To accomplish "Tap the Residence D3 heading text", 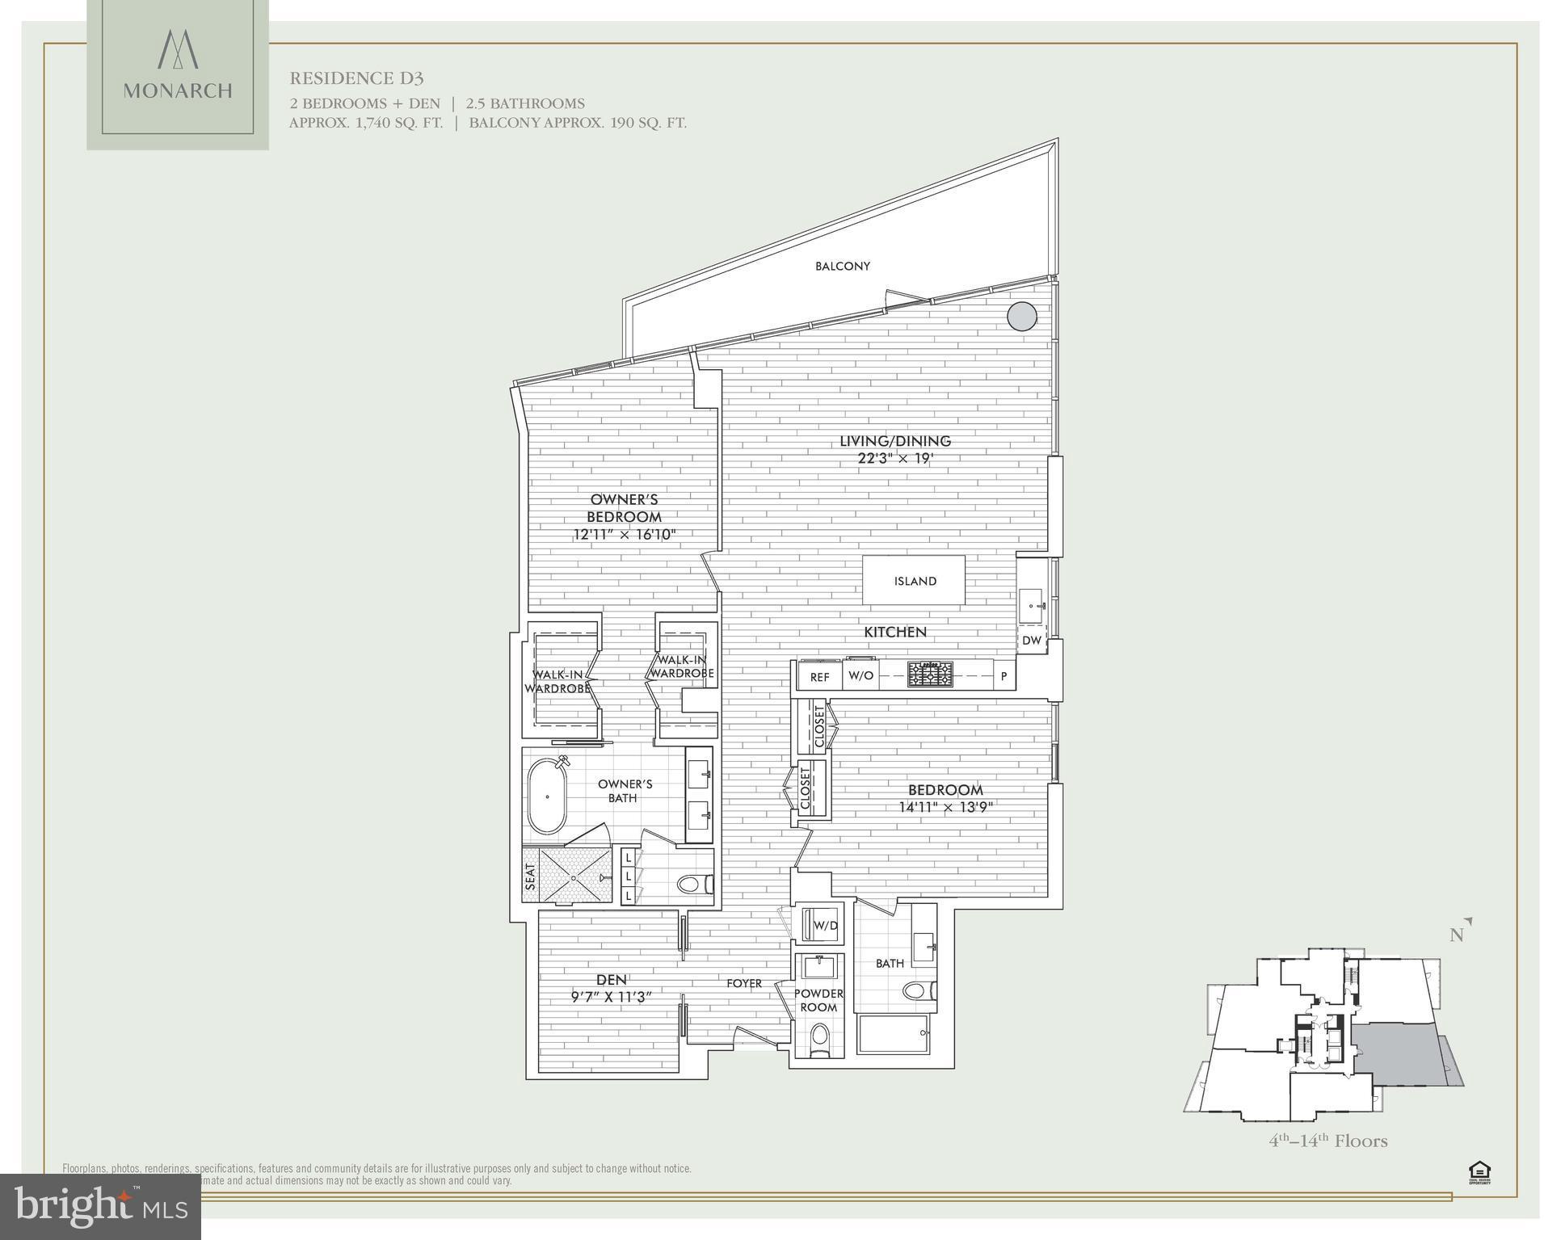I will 356,78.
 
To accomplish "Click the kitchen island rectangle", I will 914,580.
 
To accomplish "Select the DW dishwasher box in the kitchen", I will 1032,640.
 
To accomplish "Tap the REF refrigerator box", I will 819,676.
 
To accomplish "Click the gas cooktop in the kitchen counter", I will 930,674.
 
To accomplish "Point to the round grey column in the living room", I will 1021,316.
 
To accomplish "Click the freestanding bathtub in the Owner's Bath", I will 547,796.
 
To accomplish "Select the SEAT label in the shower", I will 531,876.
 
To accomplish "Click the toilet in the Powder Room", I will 819,1040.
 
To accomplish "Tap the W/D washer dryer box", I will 825,925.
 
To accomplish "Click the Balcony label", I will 842,266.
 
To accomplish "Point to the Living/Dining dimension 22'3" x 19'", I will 895,458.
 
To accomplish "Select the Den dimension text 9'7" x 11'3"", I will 611,997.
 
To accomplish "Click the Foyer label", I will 743,983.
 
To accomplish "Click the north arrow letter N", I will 1456,935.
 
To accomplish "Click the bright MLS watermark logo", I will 100,1206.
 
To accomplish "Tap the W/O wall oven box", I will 860,675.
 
